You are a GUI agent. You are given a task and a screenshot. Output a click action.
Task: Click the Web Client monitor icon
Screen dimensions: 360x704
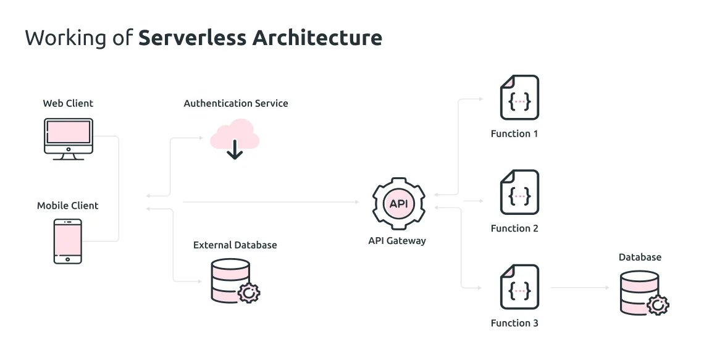(68, 139)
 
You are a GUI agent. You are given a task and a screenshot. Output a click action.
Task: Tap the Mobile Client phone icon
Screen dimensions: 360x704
(67, 241)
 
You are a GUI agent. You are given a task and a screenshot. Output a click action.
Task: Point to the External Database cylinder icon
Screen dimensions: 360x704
(230, 279)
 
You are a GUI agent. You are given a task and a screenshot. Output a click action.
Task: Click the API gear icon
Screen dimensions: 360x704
(398, 203)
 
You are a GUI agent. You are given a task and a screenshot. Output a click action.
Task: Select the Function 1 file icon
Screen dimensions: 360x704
(519, 98)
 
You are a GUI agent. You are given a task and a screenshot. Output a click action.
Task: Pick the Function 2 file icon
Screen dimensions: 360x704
(519, 192)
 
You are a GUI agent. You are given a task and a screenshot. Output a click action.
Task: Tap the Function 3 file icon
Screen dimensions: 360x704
(519, 287)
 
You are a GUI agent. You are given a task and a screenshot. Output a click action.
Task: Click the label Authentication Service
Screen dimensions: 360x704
(236, 104)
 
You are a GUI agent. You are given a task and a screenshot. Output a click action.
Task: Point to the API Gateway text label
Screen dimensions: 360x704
(397, 241)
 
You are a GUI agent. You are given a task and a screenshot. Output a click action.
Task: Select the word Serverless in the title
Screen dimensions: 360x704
(191, 38)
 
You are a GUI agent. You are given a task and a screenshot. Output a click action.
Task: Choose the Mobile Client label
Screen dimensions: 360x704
(68, 206)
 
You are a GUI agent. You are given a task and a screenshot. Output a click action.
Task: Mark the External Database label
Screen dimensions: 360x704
(235, 245)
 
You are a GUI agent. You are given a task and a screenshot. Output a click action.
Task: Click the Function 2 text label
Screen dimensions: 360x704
(514, 228)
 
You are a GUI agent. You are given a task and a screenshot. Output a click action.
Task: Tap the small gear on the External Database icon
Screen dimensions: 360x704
(248, 292)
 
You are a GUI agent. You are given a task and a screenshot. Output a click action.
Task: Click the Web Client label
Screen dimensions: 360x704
(68, 103)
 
